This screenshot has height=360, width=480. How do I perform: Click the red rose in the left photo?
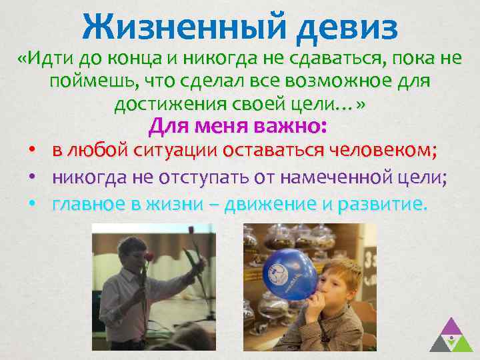click(149, 257)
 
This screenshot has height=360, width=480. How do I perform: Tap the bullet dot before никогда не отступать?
click(31, 177)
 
